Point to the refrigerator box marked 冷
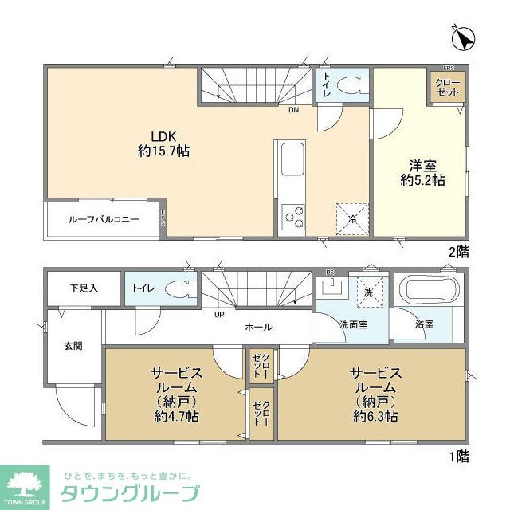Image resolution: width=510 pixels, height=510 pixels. (351, 217)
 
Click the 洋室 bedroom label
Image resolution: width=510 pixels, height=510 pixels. (422, 165)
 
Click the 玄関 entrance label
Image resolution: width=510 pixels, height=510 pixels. (73, 346)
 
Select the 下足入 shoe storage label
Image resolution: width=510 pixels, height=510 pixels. (82, 287)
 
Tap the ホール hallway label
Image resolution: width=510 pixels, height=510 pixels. (258, 327)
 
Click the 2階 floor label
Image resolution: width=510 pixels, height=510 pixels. (457, 251)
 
